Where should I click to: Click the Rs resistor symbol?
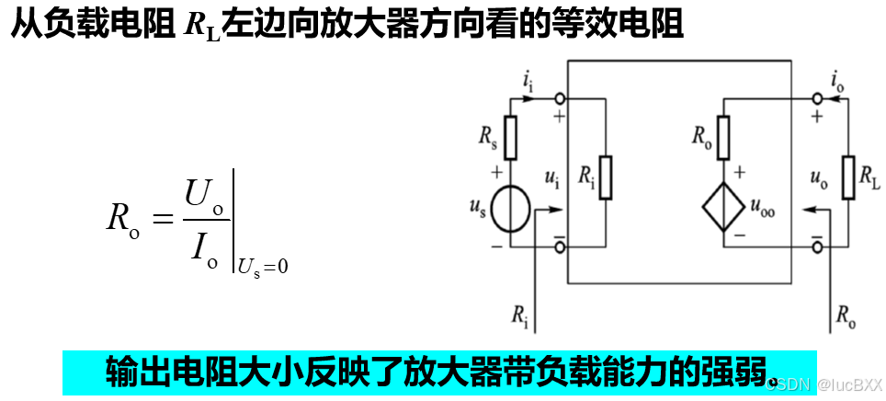click(512, 137)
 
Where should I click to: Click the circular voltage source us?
click(510, 211)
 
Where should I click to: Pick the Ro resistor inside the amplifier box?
click(723, 137)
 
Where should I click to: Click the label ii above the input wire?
click(528, 84)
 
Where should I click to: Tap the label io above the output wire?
click(836, 84)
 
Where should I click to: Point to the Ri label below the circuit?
click(520, 315)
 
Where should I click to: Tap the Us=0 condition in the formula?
click(263, 267)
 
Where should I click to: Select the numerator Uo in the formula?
click(204, 195)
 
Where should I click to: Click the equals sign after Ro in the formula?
click(160, 220)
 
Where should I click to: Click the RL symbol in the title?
click(203, 25)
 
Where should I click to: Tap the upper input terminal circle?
click(560, 97)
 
